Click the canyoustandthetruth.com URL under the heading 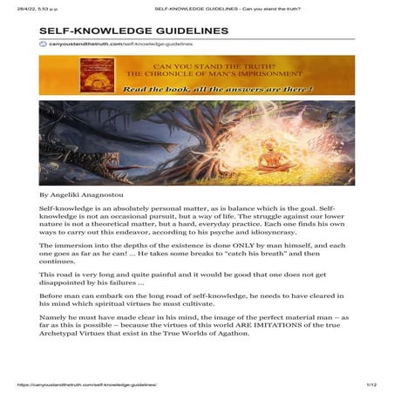[120, 43]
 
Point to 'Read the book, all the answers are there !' [218, 88]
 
